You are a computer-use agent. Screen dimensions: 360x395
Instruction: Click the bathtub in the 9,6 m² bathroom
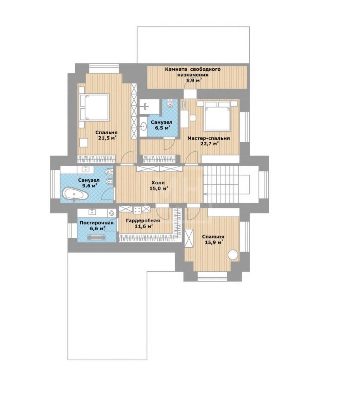coord(75,194)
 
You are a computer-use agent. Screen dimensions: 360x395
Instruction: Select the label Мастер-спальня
coord(209,138)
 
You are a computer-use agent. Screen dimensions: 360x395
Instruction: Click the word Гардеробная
coord(143,221)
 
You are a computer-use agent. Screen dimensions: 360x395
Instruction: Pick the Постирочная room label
coord(96,223)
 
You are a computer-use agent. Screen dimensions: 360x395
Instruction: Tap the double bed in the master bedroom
coord(217,116)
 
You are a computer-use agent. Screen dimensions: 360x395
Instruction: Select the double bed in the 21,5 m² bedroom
coord(94,107)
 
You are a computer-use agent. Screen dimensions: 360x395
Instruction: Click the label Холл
coord(158,182)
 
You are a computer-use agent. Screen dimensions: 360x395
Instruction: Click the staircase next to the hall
coord(226,184)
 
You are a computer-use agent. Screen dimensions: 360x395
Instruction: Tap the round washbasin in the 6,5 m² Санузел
coord(143,126)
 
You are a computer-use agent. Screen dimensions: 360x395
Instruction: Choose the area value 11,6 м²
coord(143,226)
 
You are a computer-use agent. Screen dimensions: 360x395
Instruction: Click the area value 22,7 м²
coord(209,144)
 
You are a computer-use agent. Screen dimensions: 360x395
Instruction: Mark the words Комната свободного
coord(193,69)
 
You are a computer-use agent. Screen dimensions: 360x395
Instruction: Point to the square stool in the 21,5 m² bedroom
coord(84,143)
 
